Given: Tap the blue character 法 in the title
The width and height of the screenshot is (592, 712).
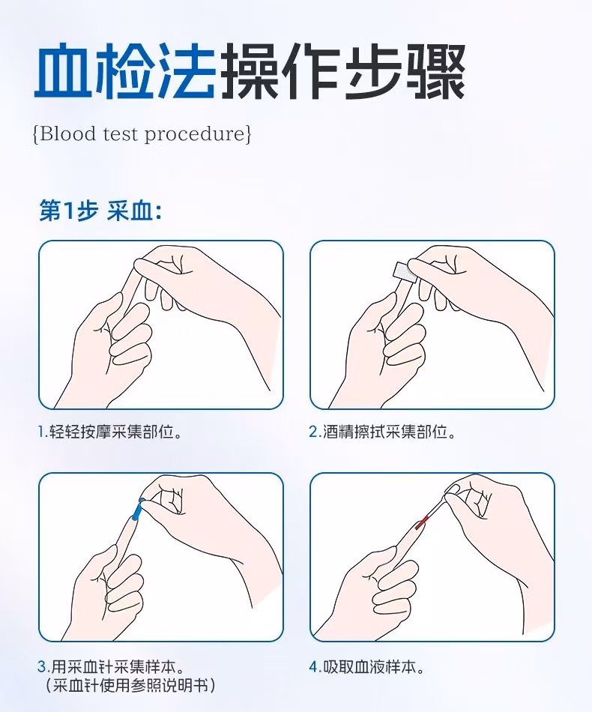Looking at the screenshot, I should [185, 73].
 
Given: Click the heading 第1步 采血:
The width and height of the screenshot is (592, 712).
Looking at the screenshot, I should [100, 211].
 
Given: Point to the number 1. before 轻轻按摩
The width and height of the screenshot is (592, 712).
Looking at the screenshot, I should [43, 432].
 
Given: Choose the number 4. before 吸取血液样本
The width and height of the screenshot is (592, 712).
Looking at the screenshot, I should [315, 666].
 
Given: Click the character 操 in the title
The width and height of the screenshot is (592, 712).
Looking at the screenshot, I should [248, 73].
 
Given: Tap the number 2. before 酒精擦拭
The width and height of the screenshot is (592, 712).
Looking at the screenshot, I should [315, 432].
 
